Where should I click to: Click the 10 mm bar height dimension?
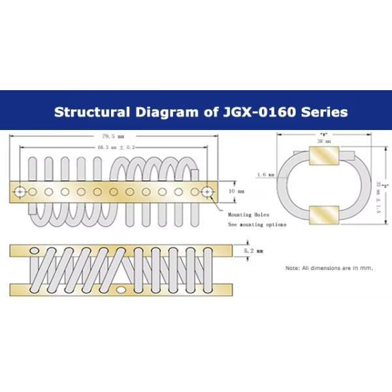click(x=236, y=191)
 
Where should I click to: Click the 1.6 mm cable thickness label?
click(x=265, y=174)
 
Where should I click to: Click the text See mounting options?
click(x=257, y=224)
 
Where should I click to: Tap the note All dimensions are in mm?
click(x=329, y=268)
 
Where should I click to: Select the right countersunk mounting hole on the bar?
click(x=208, y=191)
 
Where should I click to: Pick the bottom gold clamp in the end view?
click(x=324, y=216)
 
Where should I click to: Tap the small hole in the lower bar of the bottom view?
click(x=121, y=289)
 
